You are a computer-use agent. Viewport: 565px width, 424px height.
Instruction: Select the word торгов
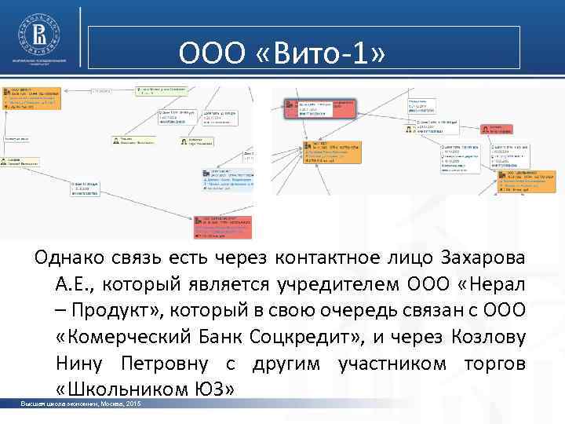coord(494,364)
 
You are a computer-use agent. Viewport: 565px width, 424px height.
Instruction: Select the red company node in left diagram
coord(223,225)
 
